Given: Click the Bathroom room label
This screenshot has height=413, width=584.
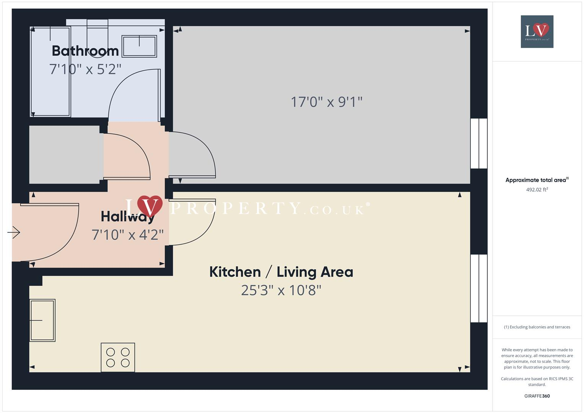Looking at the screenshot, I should (85, 51).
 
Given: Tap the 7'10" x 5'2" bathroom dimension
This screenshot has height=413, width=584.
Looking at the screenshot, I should (85, 69).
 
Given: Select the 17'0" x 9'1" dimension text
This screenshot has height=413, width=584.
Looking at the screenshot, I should (326, 102).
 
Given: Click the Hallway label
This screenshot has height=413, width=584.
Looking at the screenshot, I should (127, 217).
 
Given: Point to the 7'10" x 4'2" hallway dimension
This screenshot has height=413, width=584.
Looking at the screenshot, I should (127, 235).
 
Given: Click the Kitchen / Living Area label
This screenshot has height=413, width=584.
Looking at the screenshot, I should (281, 272).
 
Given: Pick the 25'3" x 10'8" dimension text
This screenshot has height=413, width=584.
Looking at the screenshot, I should (281, 290).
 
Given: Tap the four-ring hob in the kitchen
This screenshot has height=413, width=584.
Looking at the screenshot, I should (118, 357).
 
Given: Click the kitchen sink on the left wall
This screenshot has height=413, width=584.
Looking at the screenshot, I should (42, 320).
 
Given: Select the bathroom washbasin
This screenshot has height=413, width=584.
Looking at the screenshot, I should (139, 46).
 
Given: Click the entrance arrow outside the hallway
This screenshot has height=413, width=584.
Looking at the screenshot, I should (14, 232).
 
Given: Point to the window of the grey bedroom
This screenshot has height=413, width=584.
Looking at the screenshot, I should (478, 143).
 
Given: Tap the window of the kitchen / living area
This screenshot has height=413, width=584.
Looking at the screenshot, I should (478, 288).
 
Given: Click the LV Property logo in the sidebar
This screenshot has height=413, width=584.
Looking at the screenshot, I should (537, 31).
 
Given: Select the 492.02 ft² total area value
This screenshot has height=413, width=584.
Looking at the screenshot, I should (537, 190).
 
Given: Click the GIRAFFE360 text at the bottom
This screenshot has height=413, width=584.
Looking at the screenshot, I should (537, 396).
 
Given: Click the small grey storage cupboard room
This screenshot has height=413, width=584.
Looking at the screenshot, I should (64, 154).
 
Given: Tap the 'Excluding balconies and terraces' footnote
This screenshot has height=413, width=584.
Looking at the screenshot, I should (537, 327).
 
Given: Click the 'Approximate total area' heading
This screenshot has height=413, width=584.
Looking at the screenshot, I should (536, 180).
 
